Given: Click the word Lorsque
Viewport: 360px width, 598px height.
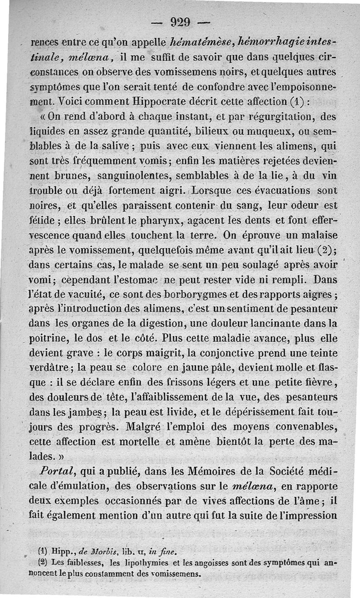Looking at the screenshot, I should point(212,190).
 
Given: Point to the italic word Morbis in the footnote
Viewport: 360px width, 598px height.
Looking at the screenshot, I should point(107,550).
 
